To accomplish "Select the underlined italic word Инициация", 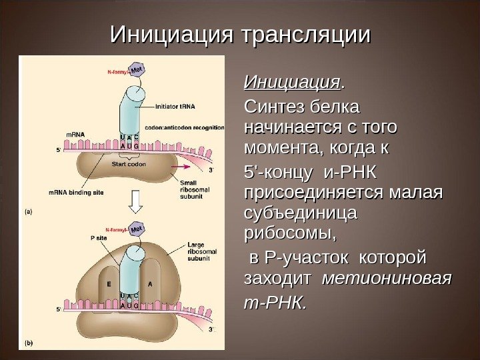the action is (293, 84).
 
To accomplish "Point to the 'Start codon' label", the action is (129, 163).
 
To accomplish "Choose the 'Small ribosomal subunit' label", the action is (193, 188).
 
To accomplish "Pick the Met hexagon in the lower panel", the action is (137, 229).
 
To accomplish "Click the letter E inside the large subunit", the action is (107, 283).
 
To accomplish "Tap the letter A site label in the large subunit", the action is (151, 283).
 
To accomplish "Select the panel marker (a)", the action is (29, 211).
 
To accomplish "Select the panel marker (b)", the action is (29, 343).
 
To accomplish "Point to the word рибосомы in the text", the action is (290, 235).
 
